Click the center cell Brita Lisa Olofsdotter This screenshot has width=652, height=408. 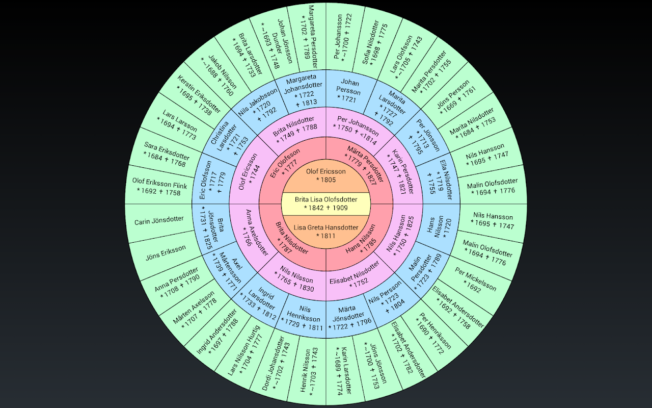(x=325, y=203)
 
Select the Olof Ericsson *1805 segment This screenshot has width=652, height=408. (x=325, y=176)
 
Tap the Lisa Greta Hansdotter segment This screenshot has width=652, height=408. (x=325, y=232)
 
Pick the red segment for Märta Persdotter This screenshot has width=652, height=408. (x=364, y=166)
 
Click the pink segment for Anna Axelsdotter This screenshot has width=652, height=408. (x=250, y=233)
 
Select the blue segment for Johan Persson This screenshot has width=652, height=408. (x=349, y=90)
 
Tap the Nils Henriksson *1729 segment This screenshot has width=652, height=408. (x=303, y=318)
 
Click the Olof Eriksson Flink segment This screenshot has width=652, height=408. (x=159, y=187)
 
